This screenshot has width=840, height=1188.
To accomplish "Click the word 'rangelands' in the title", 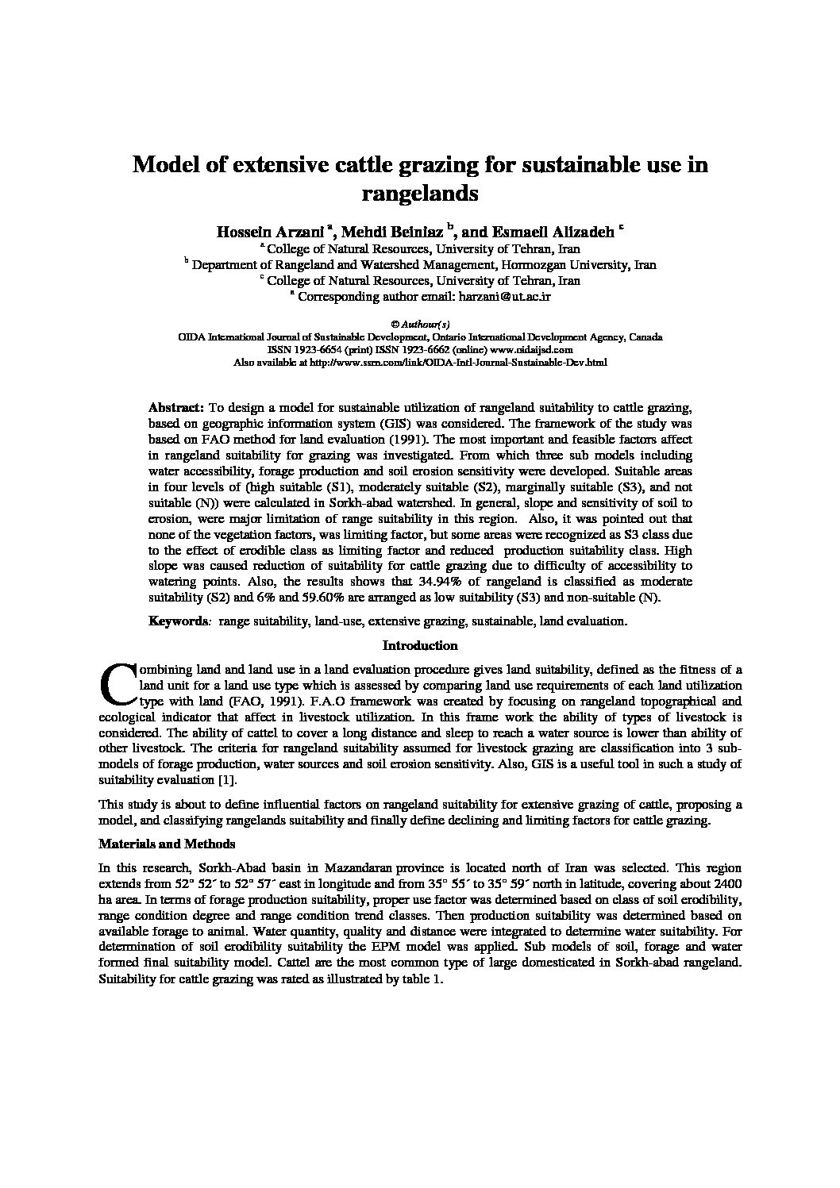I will pyautogui.click(x=420, y=193).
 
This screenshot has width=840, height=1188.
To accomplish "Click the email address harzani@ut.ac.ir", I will pyautogui.click(x=503, y=296).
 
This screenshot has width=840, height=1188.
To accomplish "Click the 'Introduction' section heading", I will pyautogui.click(x=420, y=646).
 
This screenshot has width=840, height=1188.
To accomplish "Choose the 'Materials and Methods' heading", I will pyautogui.click(x=167, y=844).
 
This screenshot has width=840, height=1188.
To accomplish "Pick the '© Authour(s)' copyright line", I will pyautogui.click(x=420, y=324).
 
